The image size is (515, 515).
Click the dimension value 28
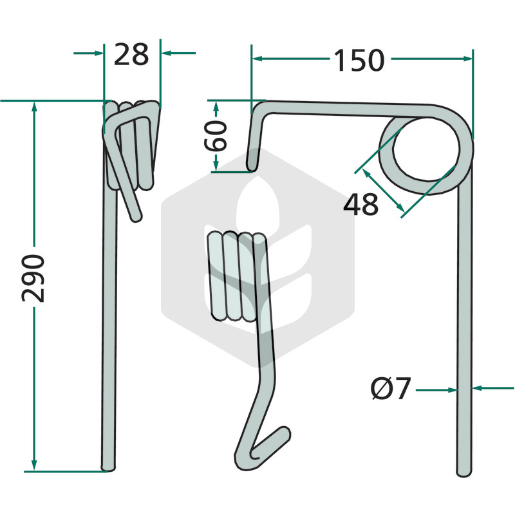131,54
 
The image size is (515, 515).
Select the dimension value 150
359,60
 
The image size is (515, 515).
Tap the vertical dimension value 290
33,278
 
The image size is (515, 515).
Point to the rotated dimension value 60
216,136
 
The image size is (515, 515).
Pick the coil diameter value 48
360,204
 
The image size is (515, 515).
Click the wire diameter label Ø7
391,389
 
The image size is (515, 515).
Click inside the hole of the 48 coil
426,149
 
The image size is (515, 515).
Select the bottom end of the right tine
464,473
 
